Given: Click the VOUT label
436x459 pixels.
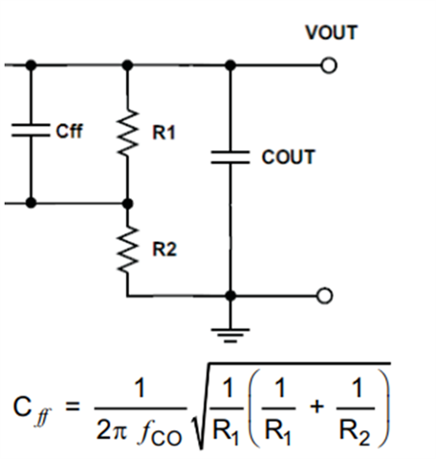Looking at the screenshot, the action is click(332, 33).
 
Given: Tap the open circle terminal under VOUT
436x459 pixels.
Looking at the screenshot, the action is click(329, 66).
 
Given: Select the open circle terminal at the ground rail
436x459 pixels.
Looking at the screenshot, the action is click(324, 295).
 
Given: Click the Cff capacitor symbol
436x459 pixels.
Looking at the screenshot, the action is click(31, 130).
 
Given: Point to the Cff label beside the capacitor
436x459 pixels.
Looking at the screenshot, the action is click(69, 131).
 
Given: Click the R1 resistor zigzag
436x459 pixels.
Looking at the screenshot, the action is click(127, 133).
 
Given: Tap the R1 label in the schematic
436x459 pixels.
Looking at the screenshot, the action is click(163, 133).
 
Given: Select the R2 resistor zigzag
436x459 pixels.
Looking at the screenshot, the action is click(127, 250).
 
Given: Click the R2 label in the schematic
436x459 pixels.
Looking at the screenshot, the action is click(164, 250).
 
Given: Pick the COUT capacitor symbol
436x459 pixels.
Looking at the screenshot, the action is click(230, 158).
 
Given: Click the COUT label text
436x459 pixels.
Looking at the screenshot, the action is click(288, 157).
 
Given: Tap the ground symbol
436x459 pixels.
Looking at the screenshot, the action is click(230, 335).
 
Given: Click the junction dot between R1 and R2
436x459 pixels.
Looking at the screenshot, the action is click(127, 203).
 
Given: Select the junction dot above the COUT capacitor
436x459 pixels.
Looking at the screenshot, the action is click(230, 66).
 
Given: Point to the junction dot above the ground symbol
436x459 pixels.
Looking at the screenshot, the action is click(230, 295).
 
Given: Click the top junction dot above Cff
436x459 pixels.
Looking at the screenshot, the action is click(31, 65).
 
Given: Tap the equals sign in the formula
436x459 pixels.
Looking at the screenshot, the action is click(73, 407).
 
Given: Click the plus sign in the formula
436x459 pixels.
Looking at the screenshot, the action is click(316, 407).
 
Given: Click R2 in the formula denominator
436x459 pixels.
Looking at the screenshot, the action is click(355, 433).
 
